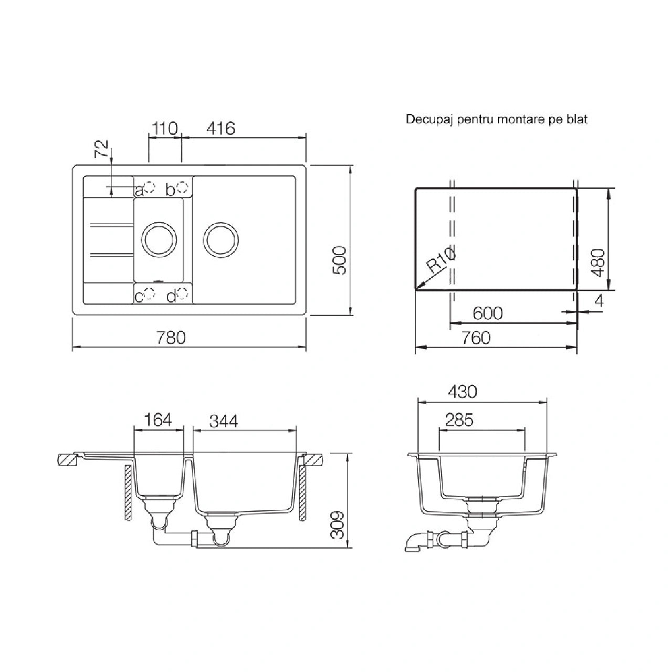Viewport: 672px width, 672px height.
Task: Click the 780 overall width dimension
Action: pyautogui.click(x=171, y=338)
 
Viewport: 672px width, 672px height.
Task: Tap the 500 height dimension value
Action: pyautogui.click(x=339, y=260)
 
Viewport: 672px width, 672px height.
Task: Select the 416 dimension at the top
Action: pyautogui.click(x=220, y=128)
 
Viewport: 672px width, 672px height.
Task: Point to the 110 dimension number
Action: pyautogui.click(x=164, y=128)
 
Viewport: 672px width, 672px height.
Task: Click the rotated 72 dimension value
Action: pyautogui.click(x=102, y=149)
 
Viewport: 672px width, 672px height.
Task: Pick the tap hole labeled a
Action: pyautogui.click(x=150, y=187)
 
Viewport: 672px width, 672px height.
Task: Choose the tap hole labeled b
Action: pyautogui.click(x=182, y=187)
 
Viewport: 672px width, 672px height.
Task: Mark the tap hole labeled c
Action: pyautogui.click(x=150, y=293)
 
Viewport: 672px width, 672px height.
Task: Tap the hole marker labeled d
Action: pyautogui.click(x=182, y=293)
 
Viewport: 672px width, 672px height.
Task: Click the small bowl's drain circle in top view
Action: pyautogui.click(x=159, y=222)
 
